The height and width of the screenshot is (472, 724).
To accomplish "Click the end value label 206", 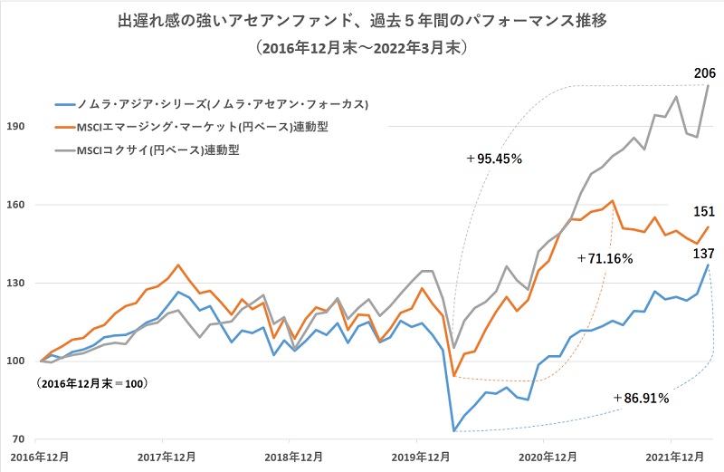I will (705, 72).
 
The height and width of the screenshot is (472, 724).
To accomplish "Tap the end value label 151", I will (705, 211).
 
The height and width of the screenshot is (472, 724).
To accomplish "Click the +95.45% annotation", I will (495, 159).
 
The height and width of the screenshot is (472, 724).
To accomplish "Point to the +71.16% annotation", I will (605, 258).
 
